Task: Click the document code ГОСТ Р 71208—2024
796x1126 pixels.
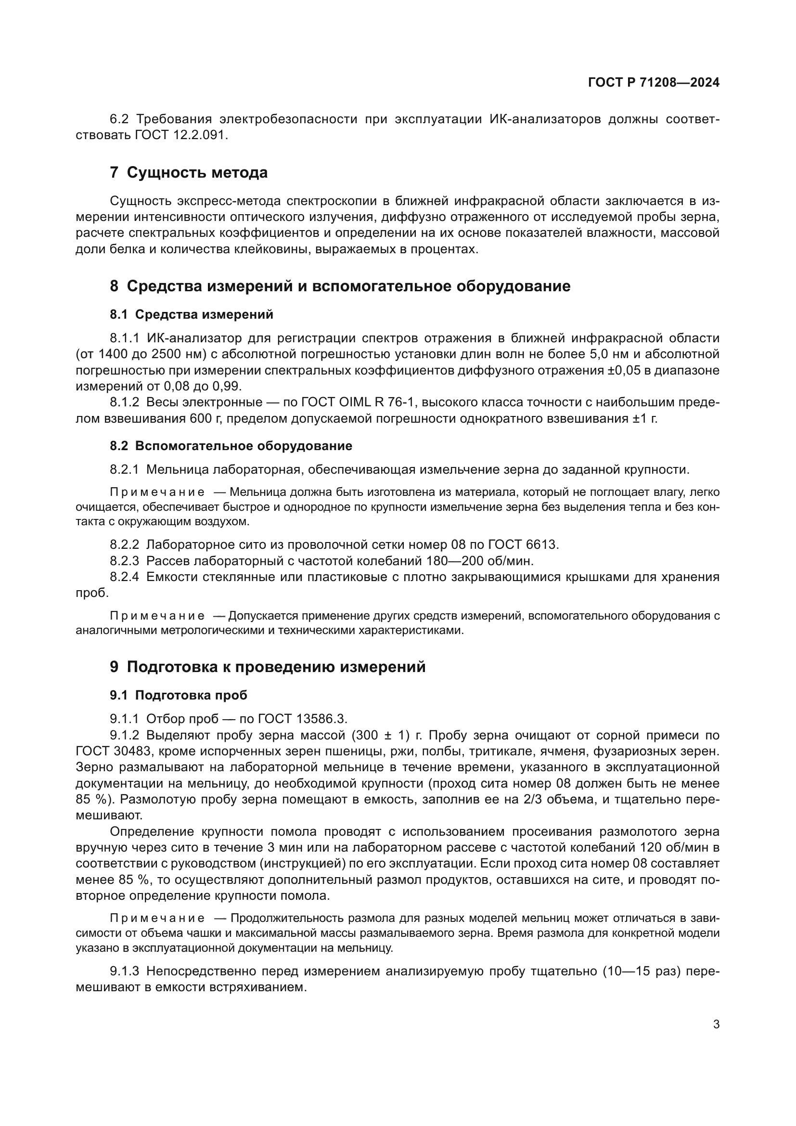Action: coord(654,82)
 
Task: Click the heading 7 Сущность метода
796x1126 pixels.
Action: coord(189,173)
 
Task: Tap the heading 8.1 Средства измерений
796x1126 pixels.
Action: coord(191,314)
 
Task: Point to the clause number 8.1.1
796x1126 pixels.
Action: coord(125,338)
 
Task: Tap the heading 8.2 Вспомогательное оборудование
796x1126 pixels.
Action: coord(231,446)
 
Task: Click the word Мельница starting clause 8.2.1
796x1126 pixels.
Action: coord(177,470)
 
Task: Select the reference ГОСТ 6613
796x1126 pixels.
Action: coord(520,544)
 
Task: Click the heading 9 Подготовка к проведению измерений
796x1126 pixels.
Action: coord(268,667)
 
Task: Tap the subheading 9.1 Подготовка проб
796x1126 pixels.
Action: coord(179,695)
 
